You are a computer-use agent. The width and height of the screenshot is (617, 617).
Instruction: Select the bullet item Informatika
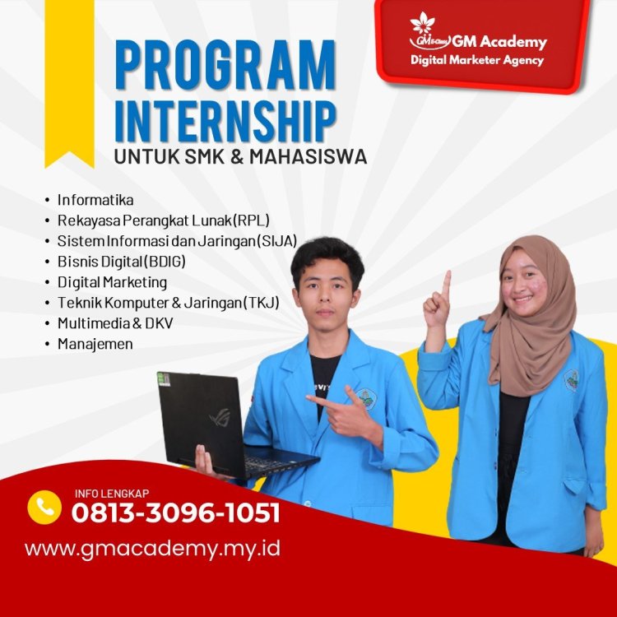(x=95, y=200)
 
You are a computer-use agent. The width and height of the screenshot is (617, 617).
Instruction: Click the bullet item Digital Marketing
(x=112, y=282)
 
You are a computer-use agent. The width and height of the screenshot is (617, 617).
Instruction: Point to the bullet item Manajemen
(x=95, y=343)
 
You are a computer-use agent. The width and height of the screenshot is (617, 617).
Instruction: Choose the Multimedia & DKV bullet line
(x=115, y=322)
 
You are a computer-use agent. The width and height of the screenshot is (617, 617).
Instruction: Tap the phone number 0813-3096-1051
(x=176, y=513)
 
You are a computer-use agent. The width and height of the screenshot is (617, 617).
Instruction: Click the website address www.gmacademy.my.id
(x=153, y=548)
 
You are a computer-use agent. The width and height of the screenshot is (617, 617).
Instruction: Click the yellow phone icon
(x=44, y=507)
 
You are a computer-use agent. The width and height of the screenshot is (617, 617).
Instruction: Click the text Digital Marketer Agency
(x=478, y=60)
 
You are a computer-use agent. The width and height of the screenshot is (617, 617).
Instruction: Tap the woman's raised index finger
(x=447, y=285)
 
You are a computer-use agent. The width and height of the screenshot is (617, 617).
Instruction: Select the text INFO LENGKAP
(x=106, y=494)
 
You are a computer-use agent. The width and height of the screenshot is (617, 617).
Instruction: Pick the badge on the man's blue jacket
(x=366, y=399)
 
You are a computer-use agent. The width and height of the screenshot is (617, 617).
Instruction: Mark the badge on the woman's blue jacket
(x=571, y=380)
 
